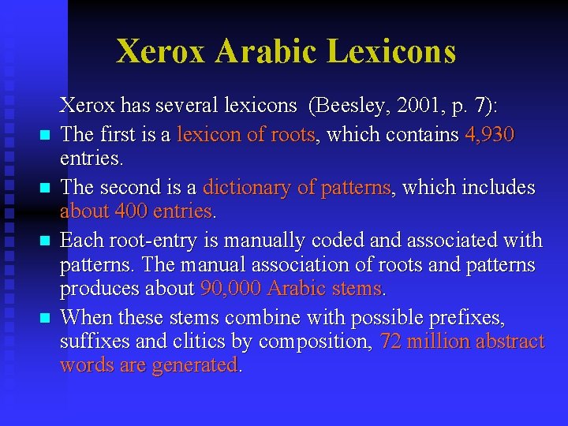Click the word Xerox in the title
click(160, 50)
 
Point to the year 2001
click(418, 105)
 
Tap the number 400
click(135, 211)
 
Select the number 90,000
click(231, 289)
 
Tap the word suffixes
click(93, 341)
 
